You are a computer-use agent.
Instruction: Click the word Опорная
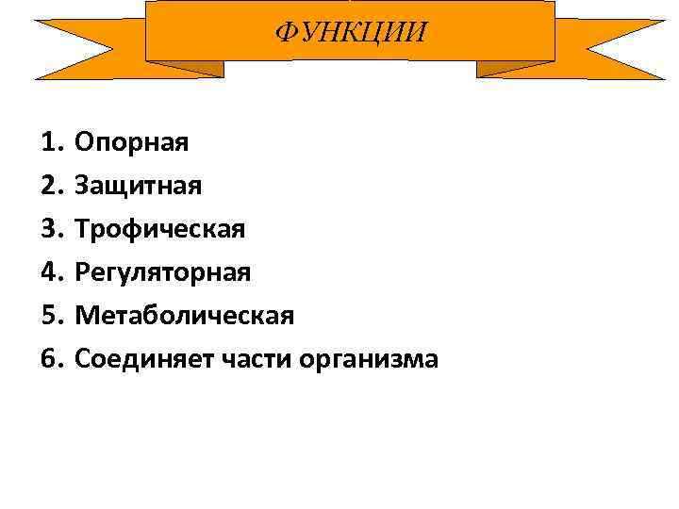[132, 142]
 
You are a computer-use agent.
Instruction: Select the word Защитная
[139, 186]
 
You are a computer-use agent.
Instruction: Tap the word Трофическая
[160, 229]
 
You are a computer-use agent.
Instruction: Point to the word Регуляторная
[163, 272]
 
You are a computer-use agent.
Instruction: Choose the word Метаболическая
[185, 316]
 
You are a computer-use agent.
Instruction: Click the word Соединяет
[134, 359]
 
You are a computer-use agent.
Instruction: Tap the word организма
[355, 359]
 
